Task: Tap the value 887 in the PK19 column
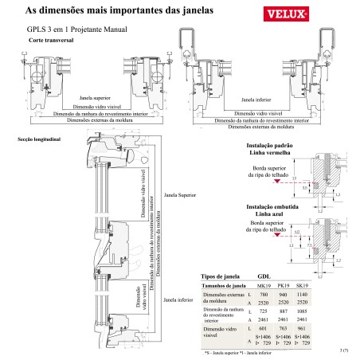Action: coord(284,311)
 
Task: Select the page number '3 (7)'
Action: coord(343,350)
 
